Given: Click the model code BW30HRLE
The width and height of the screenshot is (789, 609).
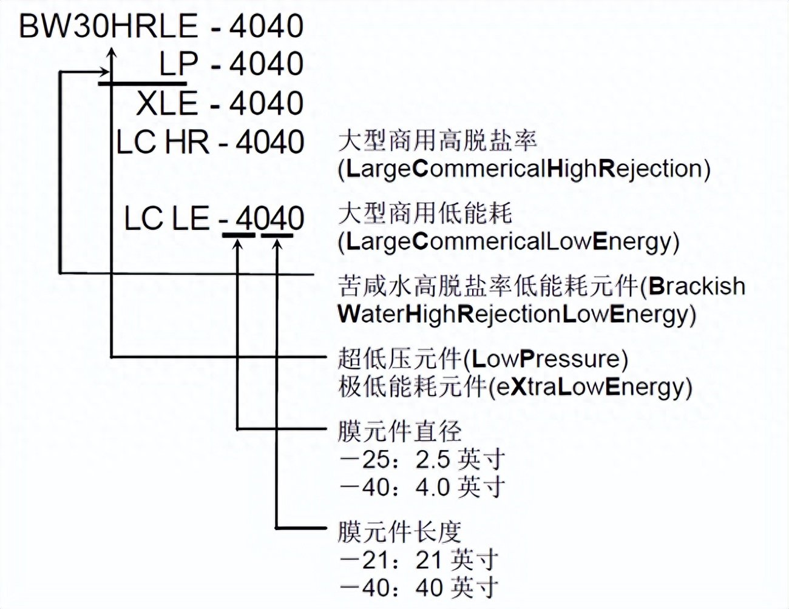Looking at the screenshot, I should click(x=109, y=27).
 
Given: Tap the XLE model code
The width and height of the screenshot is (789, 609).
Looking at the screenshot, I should click(x=167, y=103).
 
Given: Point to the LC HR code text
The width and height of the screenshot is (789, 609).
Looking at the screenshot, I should click(x=163, y=143).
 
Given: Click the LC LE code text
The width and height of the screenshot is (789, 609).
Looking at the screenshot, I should click(x=166, y=218).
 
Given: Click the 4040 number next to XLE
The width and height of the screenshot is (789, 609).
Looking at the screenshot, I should click(x=266, y=103).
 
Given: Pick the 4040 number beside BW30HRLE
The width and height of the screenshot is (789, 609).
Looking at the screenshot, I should click(x=266, y=27).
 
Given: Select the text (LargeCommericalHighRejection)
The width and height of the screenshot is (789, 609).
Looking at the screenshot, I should click(x=524, y=169).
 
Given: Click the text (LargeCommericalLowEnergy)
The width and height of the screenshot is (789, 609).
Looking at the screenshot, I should click(x=509, y=241).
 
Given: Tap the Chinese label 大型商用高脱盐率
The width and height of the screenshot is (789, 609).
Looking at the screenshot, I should click(x=438, y=141).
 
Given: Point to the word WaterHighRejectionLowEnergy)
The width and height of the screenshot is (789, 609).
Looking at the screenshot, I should click(x=516, y=314).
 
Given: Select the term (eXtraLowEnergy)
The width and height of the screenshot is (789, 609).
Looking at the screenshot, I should click(x=590, y=387).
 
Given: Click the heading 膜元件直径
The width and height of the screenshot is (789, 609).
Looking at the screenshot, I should click(x=400, y=432).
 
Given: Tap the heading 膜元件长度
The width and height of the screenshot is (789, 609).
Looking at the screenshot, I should click(x=400, y=532).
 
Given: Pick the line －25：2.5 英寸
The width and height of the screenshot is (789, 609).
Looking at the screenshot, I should click(x=422, y=459).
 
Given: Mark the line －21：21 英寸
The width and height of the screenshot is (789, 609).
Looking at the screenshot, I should click(x=419, y=559).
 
